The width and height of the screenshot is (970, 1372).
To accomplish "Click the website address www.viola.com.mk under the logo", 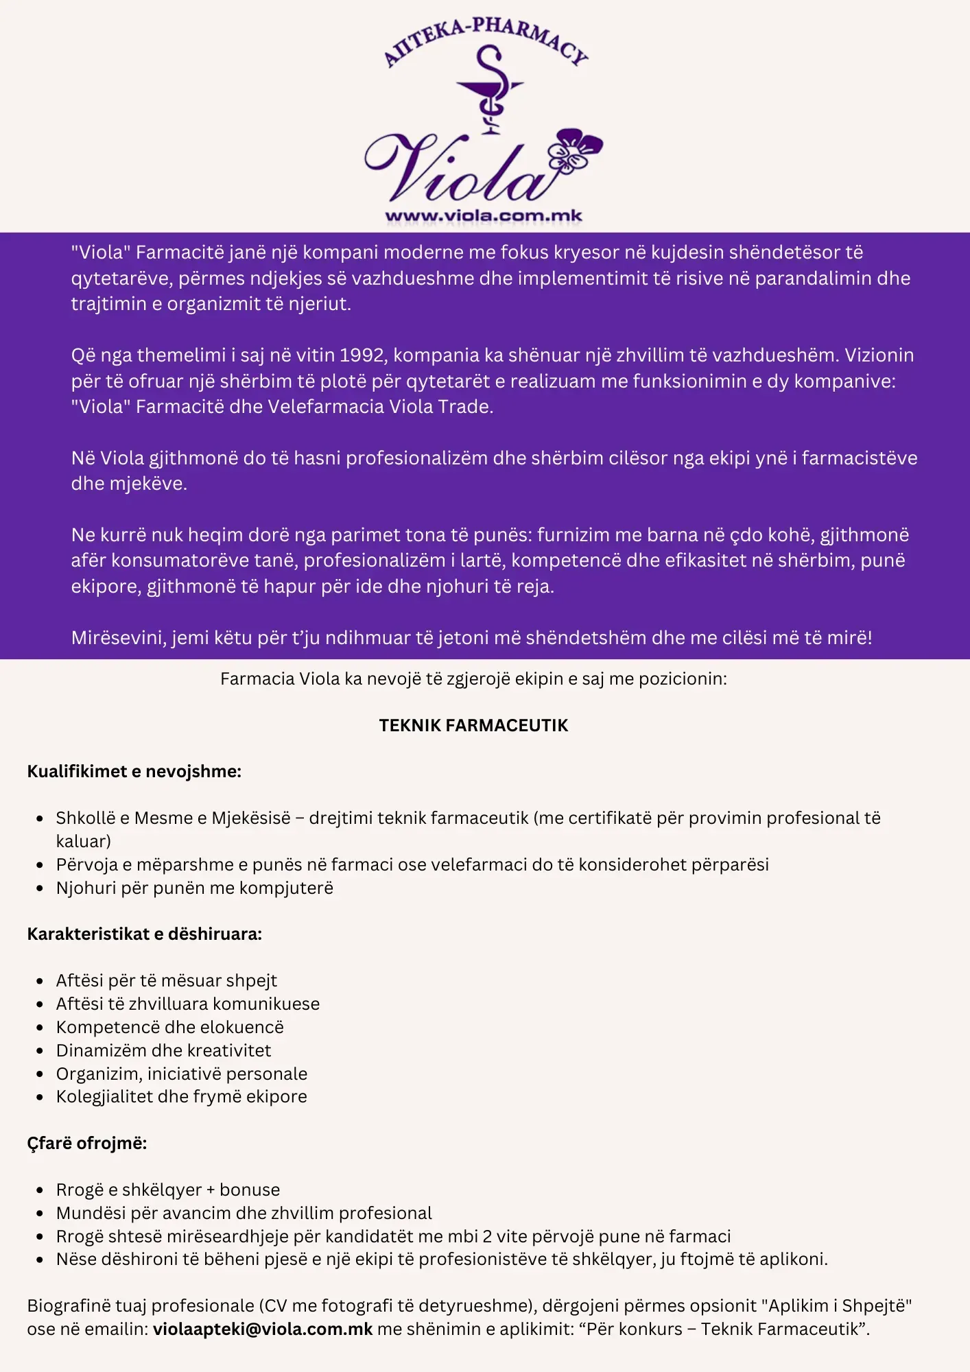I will point(484,216).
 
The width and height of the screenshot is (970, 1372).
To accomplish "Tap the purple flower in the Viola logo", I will point(576,151).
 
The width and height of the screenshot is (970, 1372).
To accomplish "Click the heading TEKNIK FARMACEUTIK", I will point(473,726).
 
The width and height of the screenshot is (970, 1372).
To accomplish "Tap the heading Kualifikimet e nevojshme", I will point(134,772).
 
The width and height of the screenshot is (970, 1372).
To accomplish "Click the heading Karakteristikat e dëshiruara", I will point(145,934).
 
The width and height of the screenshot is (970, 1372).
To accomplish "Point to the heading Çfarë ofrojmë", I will point(87,1144).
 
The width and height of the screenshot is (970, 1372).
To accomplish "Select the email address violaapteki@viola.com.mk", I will point(263,1329).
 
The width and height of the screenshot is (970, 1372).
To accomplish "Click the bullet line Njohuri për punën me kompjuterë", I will point(195,888).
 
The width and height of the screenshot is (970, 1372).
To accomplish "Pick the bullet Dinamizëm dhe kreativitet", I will point(164,1051).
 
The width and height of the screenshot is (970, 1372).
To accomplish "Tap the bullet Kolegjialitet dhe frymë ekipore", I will point(182,1097).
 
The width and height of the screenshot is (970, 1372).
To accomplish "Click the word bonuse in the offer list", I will point(250,1190).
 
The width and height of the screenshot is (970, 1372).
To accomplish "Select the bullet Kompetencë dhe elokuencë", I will point(170,1028).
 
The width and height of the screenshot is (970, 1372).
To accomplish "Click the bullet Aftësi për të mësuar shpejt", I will point(167,981).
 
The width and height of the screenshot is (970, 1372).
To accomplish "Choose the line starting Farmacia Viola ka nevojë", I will point(473,679).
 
